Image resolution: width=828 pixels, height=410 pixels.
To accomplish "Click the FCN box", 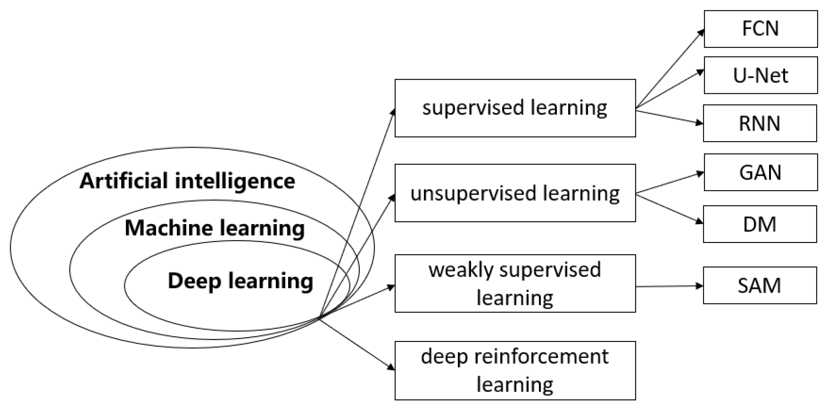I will (761, 29).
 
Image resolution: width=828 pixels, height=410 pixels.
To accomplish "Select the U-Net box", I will (761, 75).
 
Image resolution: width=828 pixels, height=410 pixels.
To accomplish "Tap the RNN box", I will (760, 123).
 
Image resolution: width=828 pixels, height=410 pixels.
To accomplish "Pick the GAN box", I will (761, 172).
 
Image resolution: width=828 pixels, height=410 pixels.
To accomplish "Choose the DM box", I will (760, 224).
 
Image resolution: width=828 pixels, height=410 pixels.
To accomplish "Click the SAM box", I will (760, 285).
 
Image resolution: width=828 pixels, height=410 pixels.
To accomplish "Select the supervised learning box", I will (515, 108).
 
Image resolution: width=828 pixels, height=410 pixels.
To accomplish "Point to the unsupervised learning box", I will (515, 193).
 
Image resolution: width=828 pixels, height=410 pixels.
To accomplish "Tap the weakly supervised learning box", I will (515, 283).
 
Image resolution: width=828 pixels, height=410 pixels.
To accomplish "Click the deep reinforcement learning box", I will (515, 371).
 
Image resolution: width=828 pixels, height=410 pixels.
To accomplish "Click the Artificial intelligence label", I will (187, 181).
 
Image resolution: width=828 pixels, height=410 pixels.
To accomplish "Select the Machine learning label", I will (215, 228).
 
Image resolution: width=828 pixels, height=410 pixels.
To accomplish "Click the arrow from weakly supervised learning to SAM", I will (668, 286).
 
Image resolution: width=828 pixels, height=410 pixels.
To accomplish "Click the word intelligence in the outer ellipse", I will (235, 181).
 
